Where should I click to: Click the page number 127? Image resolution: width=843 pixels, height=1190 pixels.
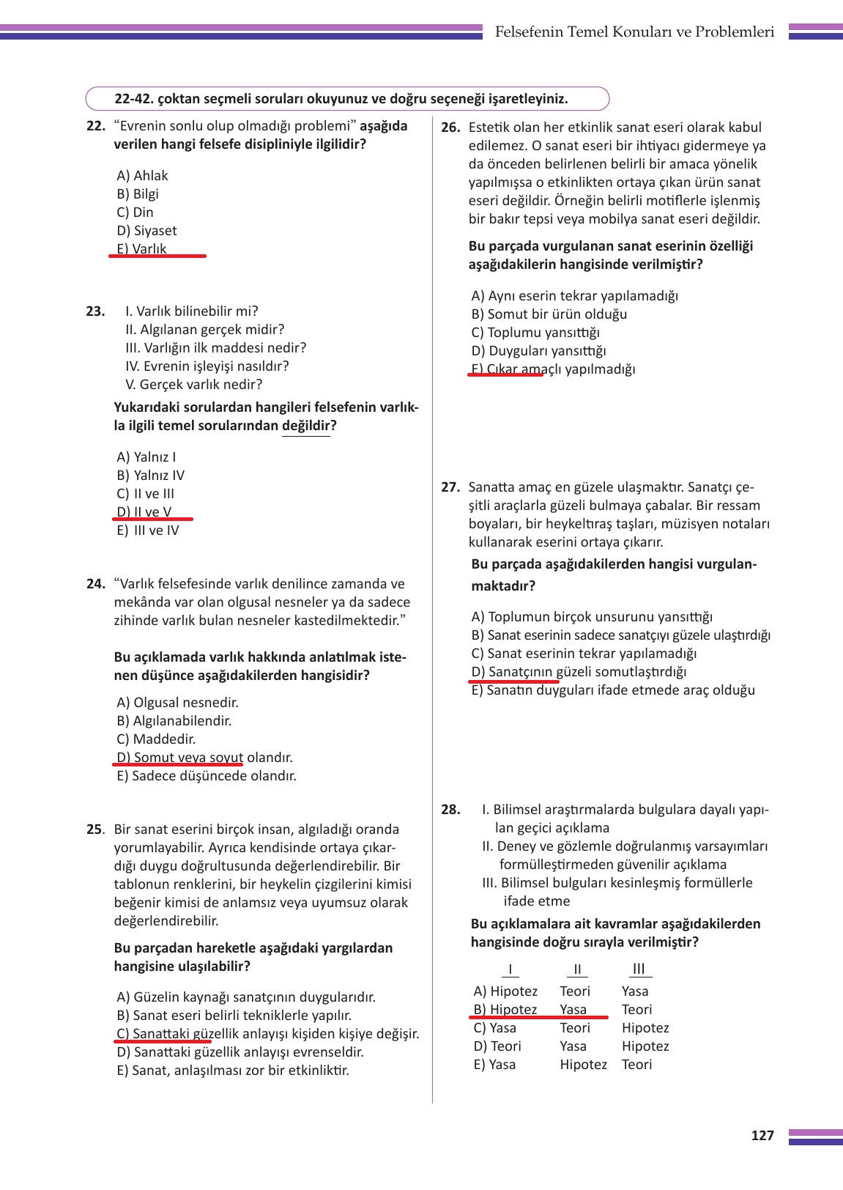[762, 1136]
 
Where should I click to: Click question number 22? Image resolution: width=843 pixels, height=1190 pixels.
[96, 126]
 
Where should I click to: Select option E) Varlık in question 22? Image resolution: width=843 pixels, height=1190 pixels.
[142, 249]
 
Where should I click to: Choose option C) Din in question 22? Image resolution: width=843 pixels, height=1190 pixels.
[135, 212]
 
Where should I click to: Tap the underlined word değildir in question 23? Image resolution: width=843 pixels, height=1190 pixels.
[306, 426]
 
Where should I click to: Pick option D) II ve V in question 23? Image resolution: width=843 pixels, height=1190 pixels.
[145, 512]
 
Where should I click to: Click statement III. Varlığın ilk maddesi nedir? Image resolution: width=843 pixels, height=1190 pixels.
[216, 348]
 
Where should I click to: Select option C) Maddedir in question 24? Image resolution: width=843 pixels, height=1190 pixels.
[156, 739]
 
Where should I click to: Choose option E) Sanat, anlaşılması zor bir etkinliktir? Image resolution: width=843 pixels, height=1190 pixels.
[233, 1071]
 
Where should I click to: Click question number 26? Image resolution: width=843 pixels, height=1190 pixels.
[450, 127]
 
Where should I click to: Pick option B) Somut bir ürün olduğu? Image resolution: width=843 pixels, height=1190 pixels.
[549, 314]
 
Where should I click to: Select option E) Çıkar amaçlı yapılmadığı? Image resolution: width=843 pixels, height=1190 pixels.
[554, 369]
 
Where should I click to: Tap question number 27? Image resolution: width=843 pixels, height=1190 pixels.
[450, 487]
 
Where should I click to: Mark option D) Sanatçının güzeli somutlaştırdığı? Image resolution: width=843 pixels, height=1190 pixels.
[579, 672]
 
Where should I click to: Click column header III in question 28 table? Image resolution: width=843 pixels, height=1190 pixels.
[639, 969]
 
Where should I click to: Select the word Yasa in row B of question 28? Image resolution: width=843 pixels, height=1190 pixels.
[573, 1010]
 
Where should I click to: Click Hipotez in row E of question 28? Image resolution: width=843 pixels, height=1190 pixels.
[583, 1065]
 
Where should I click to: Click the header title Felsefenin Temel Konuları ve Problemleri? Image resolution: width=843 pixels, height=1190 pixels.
[634, 32]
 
